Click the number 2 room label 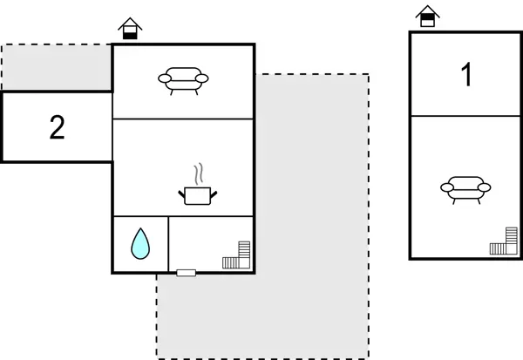click(x=57, y=128)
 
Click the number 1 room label click(x=466, y=76)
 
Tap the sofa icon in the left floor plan click(x=183, y=80)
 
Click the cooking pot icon click(x=198, y=194)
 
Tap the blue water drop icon click(x=139, y=243)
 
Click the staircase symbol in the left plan click(x=236, y=255)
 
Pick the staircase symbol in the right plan click(x=503, y=241)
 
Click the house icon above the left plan click(x=130, y=29)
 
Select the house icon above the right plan click(x=426, y=16)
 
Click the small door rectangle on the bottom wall click(x=186, y=273)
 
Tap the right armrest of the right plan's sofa click(x=485, y=187)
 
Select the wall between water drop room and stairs click(x=167, y=244)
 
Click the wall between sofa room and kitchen click(x=183, y=119)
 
